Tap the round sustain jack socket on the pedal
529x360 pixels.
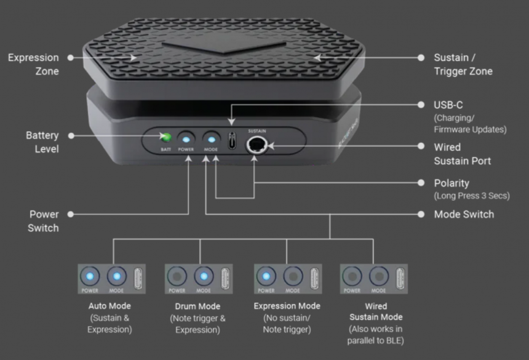pyautogui.click(x=255, y=146)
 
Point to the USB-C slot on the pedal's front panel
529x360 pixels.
pyautogui.click(x=232, y=140)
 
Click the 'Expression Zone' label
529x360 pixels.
pyautogui.click(x=33, y=64)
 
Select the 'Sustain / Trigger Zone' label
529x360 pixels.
pyautogui.click(x=463, y=64)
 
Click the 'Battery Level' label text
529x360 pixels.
pyautogui.click(x=42, y=142)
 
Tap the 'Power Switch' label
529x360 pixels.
pyautogui.click(x=44, y=221)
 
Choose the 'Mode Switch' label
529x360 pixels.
pyautogui.click(x=464, y=214)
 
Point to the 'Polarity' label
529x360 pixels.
pyautogui.click(x=451, y=183)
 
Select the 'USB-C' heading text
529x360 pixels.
pyautogui.click(x=448, y=105)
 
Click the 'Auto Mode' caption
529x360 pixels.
pyautogui.click(x=110, y=306)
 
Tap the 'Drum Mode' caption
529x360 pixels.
pyautogui.click(x=197, y=306)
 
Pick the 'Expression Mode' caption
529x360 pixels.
pyautogui.click(x=287, y=306)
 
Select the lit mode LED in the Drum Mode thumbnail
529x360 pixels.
pyautogui.click(x=204, y=276)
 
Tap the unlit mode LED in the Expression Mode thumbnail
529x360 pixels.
pyautogui.click(x=293, y=276)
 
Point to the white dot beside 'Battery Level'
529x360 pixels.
pyautogui.click(x=71, y=135)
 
